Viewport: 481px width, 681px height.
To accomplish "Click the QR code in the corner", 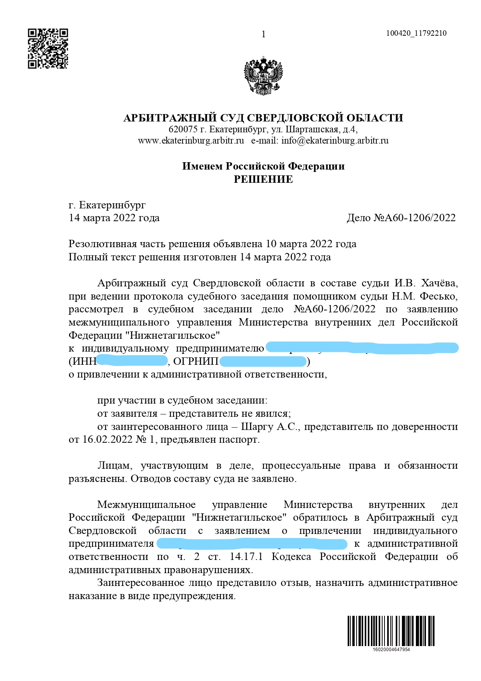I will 48,49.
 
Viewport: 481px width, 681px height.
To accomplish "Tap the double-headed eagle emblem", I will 263,76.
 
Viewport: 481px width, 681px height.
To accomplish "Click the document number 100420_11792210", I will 416,33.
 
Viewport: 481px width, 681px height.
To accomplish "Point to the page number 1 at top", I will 264,35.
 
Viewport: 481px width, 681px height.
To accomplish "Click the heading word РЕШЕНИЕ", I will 263,179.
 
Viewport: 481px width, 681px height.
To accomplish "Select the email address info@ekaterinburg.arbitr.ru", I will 335,140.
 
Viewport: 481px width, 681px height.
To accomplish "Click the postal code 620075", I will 183,129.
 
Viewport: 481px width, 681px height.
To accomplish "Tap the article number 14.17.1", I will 246,556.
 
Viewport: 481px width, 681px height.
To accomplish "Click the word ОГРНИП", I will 196,361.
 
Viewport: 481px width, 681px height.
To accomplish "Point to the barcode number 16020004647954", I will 391,650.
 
